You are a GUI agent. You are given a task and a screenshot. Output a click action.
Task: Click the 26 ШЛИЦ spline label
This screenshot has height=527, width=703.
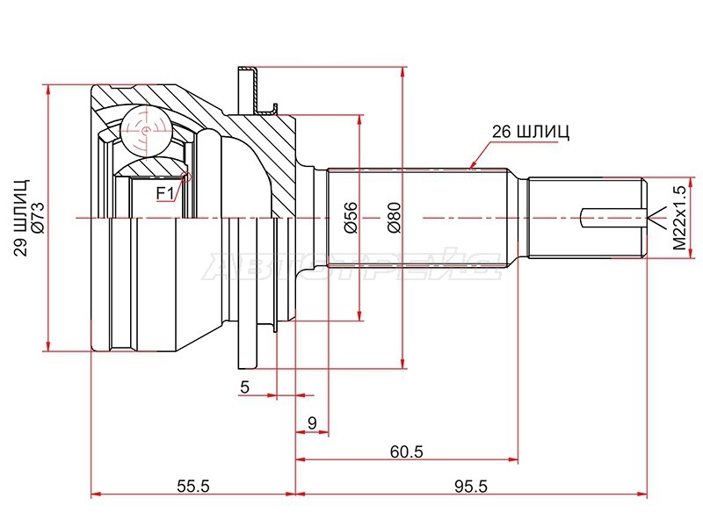pyautogui.click(x=531, y=132)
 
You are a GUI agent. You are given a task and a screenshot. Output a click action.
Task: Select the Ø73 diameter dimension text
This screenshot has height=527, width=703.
pyautogui.click(x=38, y=218)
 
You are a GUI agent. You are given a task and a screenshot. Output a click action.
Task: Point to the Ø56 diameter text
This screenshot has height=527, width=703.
pyautogui.click(x=351, y=218)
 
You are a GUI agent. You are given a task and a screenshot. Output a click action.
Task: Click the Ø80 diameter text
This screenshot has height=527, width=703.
pyautogui.click(x=394, y=218)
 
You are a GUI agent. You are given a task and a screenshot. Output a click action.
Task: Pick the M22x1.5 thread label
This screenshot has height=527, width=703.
pyautogui.click(x=679, y=218)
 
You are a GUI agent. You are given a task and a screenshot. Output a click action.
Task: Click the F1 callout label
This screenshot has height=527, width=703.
pyautogui.click(x=164, y=193)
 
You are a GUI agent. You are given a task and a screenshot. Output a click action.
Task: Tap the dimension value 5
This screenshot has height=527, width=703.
pyautogui.click(x=244, y=386)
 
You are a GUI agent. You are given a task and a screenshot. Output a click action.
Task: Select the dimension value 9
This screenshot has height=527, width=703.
pyautogui.click(x=313, y=422)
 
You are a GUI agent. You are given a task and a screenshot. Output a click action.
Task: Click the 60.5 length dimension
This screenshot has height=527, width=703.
pyautogui.click(x=407, y=451)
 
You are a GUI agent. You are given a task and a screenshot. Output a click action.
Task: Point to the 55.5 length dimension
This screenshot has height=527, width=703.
pyautogui.click(x=193, y=486)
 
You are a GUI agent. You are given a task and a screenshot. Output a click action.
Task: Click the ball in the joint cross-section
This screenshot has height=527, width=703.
pyautogui.click(x=146, y=130)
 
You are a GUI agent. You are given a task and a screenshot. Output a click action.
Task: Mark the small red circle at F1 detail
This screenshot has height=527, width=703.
pyautogui.click(x=185, y=177)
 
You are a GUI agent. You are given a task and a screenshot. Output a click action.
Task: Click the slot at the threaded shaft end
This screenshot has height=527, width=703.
pyautogui.click(x=613, y=218)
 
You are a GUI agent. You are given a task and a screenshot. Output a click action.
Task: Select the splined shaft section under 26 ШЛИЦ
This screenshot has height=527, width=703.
pyautogui.click(x=417, y=218)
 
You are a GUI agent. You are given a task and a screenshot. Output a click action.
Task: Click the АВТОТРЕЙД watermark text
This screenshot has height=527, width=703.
pyautogui.click(x=352, y=267)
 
